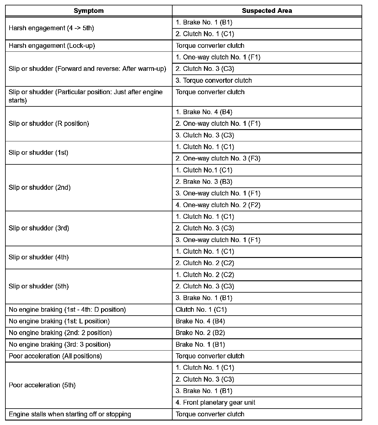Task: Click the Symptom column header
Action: pyautogui.click(x=89, y=11)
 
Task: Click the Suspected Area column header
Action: pyautogui.click(x=267, y=11)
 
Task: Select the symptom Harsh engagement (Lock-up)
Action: pyautogui.click(x=52, y=46)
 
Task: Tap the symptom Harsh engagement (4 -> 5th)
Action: pyautogui.click(x=51, y=28)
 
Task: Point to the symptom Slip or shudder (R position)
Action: pyautogui.click(x=49, y=123)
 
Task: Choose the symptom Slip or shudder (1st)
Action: pyautogui.click(x=38, y=153)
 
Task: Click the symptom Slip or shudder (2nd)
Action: pyautogui.click(x=39, y=187)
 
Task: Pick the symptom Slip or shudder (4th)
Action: pyautogui.click(x=39, y=257)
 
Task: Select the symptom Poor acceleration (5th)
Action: pyautogui.click(x=42, y=385)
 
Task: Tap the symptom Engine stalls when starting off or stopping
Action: pyautogui.click(x=70, y=414)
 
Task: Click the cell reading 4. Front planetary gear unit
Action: pyautogui.click(x=215, y=403)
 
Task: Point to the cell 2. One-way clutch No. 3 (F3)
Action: pyautogui.click(x=218, y=158)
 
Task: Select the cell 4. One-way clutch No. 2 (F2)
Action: pyautogui.click(x=218, y=205)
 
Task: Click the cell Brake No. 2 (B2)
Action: pyautogui.click(x=200, y=333)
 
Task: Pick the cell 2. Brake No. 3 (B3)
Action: pyautogui.click(x=204, y=182)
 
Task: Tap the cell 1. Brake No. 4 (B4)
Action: pyautogui.click(x=204, y=112)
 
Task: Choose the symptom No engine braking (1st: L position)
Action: pyautogui.click(x=59, y=321)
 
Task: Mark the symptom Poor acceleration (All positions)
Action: pyautogui.click(x=55, y=356)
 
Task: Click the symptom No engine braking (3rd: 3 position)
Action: pyautogui.click(x=60, y=345)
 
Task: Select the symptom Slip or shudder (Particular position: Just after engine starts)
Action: pyautogui.click(x=86, y=96)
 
